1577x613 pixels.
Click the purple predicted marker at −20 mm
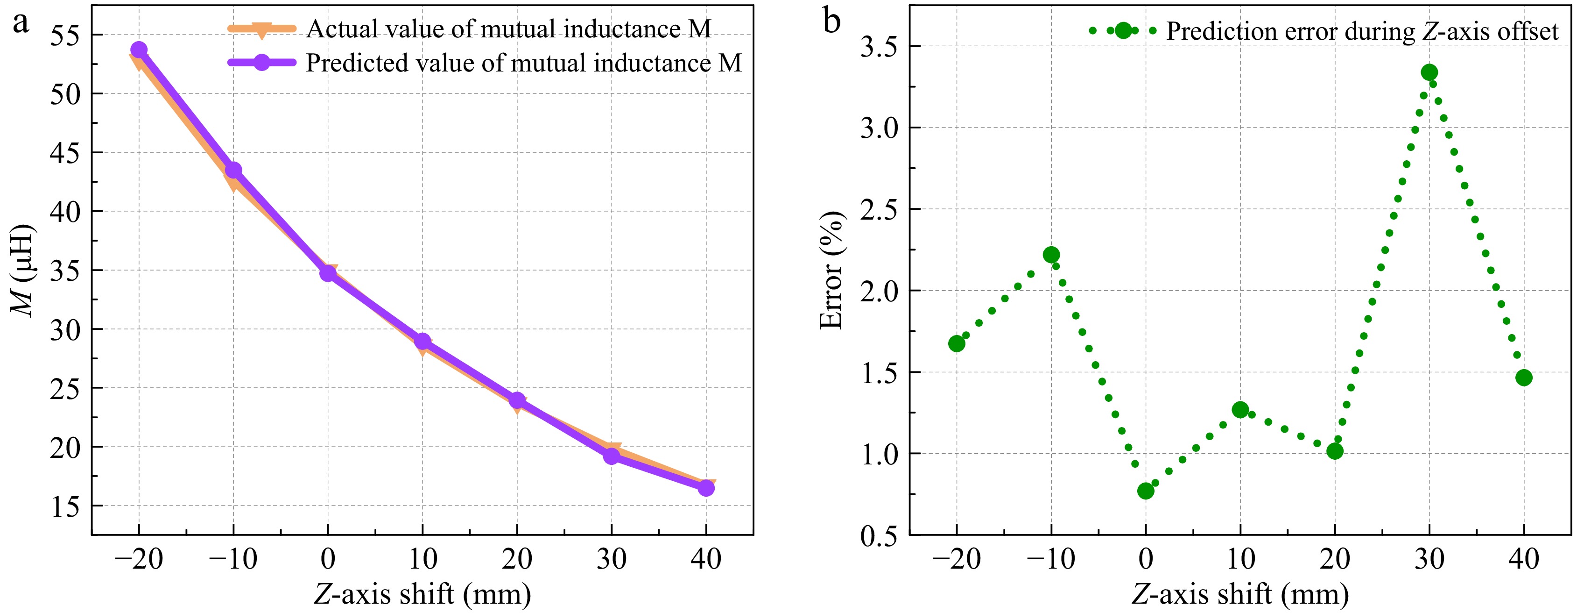(139, 50)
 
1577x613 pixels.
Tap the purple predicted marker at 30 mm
(612, 456)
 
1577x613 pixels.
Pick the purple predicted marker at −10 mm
(233, 170)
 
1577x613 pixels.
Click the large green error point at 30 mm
(1429, 73)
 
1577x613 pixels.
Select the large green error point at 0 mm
(1146, 491)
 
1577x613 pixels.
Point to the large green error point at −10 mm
(1052, 255)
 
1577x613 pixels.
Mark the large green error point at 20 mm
(1335, 451)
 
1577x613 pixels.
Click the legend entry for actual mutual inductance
(508, 29)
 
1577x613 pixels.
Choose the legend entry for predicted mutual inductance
(523, 63)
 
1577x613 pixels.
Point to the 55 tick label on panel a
(65, 36)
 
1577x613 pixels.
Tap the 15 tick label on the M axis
(65, 506)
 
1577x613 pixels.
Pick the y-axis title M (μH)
(23, 270)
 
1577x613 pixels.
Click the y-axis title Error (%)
(832, 270)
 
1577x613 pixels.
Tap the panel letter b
(832, 21)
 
